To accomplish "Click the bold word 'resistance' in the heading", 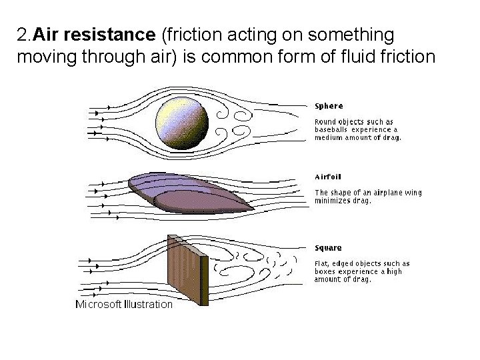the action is pos(98,33).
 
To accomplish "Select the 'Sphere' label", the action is pos(329,105).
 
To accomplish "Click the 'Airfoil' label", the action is pos(329,177).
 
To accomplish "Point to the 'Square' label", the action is pos(328,248).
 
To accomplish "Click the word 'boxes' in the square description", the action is pos(326,272).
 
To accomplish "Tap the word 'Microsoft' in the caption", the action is pos(98,304).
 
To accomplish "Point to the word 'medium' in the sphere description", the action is pos(329,138).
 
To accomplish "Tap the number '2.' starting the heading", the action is pos(24,33).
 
